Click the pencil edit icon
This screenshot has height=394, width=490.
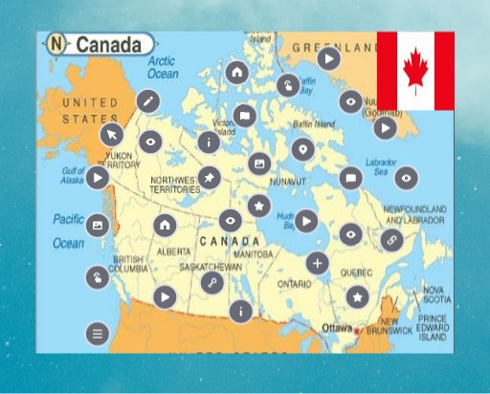(147, 101)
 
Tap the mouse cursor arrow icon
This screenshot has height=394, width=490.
(112, 134)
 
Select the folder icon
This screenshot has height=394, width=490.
(244, 116)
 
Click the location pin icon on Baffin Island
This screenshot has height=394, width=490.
(302, 148)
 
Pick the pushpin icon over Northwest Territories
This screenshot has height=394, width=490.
(210, 178)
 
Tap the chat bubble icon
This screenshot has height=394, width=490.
(350, 176)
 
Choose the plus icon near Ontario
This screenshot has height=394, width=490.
(318, 263)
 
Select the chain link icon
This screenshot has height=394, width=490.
(390, 240)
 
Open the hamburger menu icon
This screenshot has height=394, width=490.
(97, 334)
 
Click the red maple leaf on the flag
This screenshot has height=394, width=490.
(415, 70)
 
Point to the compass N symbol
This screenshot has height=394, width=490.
(57, 44)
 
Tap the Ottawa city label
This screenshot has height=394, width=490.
(337, 328)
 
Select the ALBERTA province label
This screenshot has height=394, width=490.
(174, 252)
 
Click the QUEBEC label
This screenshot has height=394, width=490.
(356, 271)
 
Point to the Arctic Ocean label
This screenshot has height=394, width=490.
(163, 67)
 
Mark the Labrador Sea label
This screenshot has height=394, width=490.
(381, 167)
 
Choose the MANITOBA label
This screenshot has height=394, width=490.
(253, 255)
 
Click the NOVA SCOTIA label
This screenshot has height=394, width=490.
(435, 294)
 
